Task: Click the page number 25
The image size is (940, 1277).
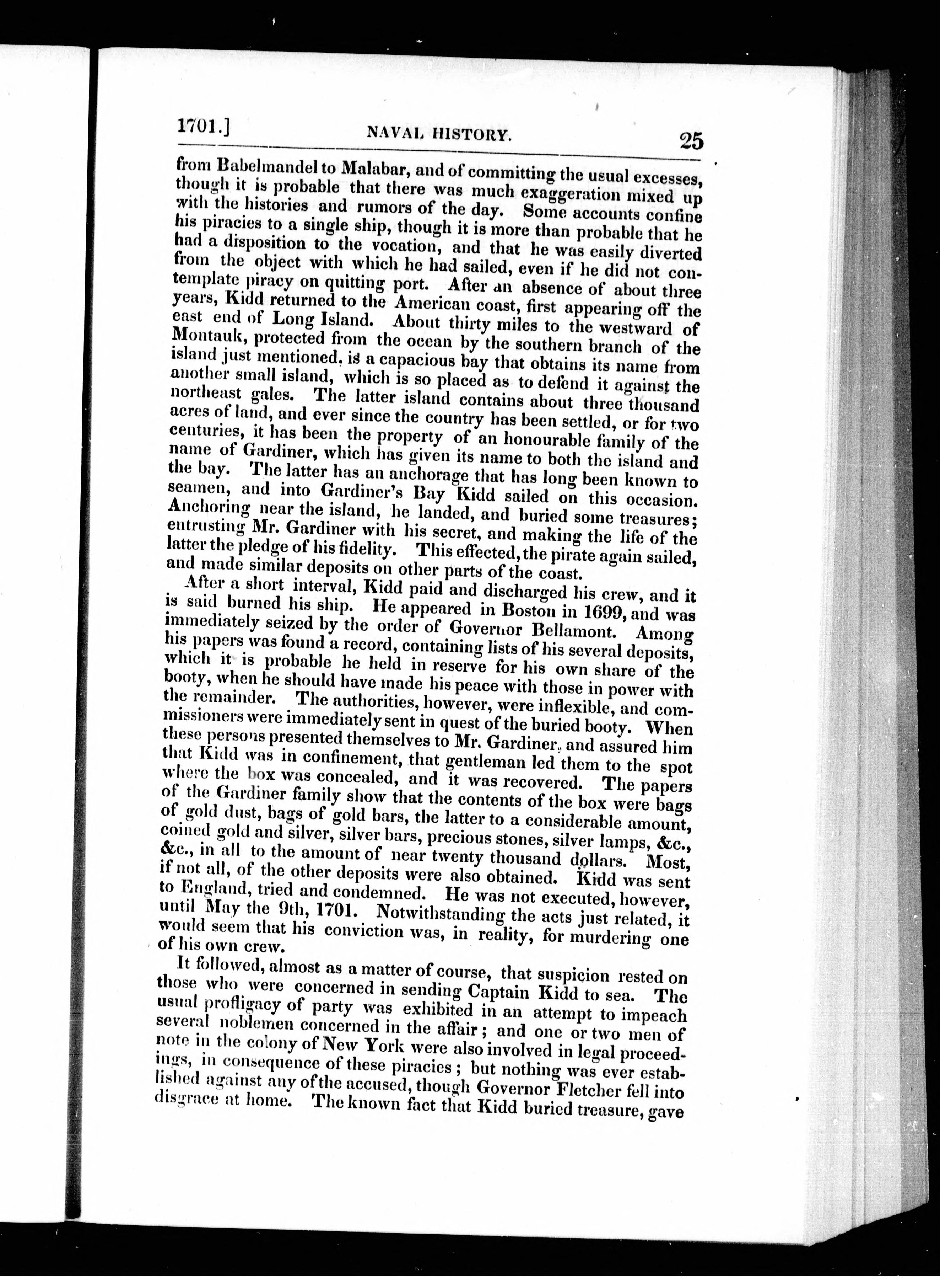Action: (691, 140)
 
